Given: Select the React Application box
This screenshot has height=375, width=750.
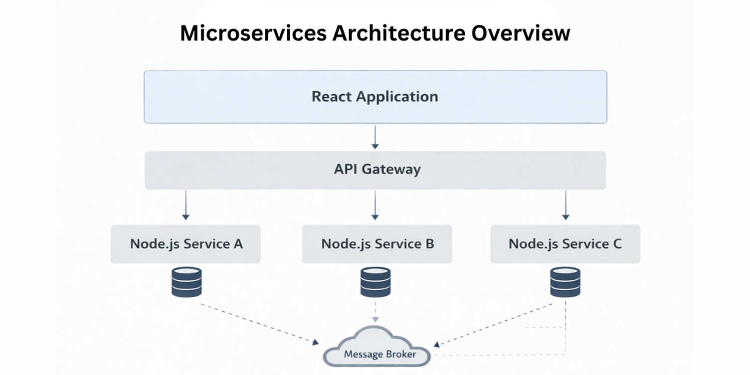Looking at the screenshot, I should point(375,97).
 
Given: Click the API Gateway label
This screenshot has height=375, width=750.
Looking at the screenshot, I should point(377,170).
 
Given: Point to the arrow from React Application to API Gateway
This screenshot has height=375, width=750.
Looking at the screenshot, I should point(375,137).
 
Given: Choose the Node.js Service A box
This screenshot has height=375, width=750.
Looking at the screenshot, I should point(186,244).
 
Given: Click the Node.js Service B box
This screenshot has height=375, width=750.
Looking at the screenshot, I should point(377,244).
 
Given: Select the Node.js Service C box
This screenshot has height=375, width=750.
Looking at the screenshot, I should point(564,244).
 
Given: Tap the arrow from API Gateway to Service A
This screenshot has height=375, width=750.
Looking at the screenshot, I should point(186,204).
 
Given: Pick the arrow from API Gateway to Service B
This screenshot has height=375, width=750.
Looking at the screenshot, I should point(375,204).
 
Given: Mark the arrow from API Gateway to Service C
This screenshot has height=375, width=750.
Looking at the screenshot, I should point(565,204).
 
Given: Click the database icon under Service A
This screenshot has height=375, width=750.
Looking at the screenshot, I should point(187,282).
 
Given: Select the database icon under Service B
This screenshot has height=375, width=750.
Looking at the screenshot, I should point(375,282).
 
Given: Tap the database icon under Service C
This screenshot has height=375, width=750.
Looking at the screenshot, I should point(565,282).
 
